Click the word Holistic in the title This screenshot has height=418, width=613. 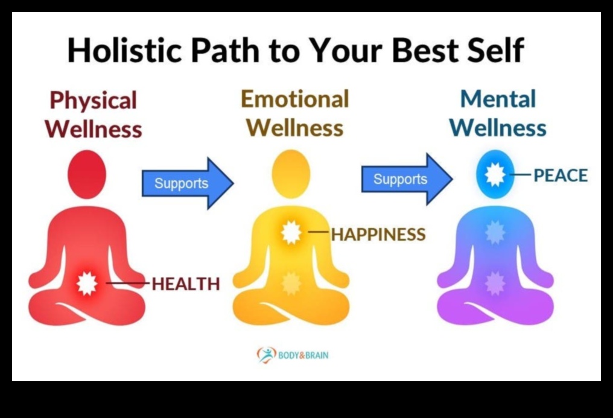point(125,50)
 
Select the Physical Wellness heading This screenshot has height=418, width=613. point(94,115)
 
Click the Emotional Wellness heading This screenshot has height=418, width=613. point(295,113)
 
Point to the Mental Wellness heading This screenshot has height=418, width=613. point(498,113)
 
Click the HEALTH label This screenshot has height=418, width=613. point(186,284)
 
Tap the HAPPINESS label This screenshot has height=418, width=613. point(378,235)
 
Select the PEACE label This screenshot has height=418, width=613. point(561,176)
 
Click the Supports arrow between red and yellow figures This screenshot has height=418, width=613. point(188,183)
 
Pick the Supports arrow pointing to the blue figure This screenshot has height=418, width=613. point(407,179)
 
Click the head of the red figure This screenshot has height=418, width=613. point(87,175)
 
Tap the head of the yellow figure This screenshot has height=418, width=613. point(291,174)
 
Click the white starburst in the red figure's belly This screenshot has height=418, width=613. point(86,283)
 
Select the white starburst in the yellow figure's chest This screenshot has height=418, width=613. point(291,232)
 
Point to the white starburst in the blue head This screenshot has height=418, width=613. point(495,174)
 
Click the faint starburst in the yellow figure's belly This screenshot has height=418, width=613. point(291,283)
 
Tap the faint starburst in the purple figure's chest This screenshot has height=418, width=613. point(495,232)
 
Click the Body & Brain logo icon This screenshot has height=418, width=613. point(266,355)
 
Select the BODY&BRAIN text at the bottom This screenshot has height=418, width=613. point(303,355)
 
